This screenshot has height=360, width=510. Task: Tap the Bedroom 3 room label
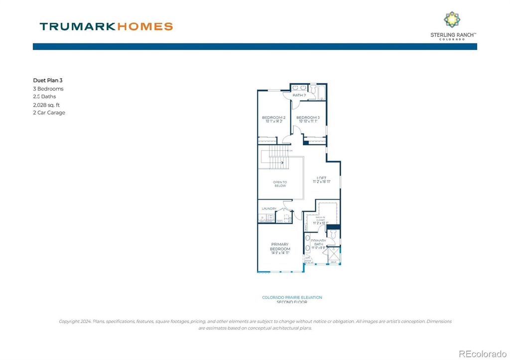(x=308, y=118)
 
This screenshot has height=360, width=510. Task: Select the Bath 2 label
(x=299, y=95)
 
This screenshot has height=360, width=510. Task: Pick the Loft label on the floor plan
(x=322, y=177)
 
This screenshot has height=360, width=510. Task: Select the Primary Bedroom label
(x=280, y=246)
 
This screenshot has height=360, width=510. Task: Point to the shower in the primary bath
(x=333, y=255)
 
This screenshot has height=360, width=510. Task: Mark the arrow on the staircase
(x=282, y=162)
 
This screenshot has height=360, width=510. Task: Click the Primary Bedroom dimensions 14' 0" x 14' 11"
(x=280, y=253)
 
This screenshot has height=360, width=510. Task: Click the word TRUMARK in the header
(x=77, y=26)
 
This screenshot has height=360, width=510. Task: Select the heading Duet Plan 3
(x=47, y=80)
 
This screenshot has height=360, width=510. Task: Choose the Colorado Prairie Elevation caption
(x=292, y=297)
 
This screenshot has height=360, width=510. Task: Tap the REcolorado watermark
(x=482, y=354)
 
